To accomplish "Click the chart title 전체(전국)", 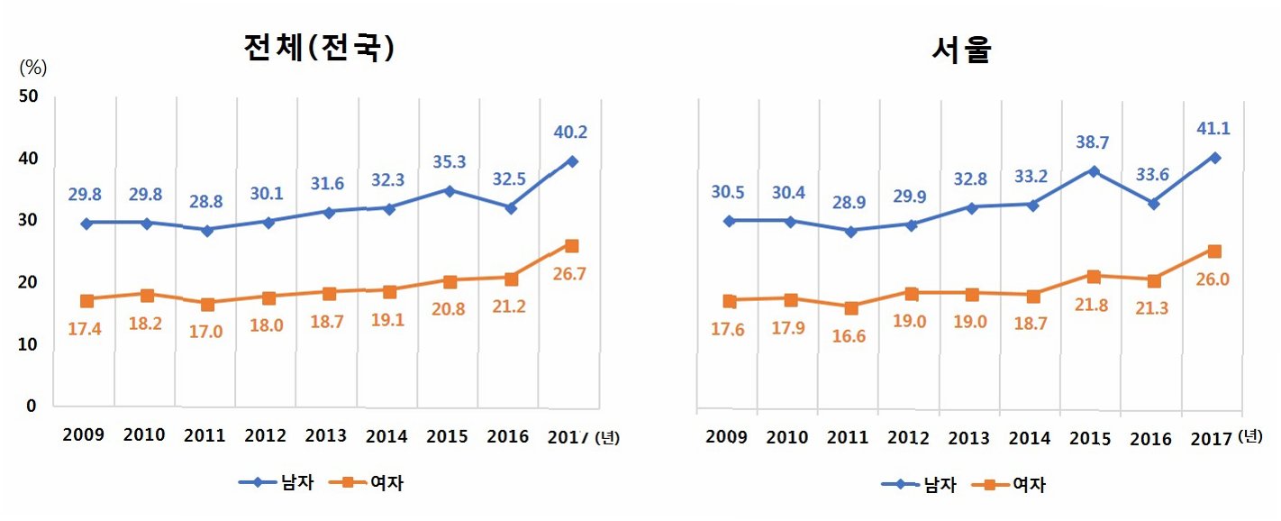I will [x=320, y=47].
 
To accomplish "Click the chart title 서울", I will [x=961, y=50].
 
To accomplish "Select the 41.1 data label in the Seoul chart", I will [x=1213, y=128].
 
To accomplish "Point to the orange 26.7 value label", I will [x=569, y=274].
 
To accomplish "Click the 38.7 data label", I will [x=1092, y=142].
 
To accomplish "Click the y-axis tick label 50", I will [x=26, y=96].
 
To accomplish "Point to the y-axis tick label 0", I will [x=32, y=407].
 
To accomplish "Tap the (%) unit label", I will [x=32, y=67].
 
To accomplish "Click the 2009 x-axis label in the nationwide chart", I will [x=84, y=435].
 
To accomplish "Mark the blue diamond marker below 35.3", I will [x=450, y=190].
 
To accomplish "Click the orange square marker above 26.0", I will [x=1214, y=251].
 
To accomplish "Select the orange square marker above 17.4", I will [x=86, y=300].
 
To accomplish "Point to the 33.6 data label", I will [x=1153, y=176].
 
